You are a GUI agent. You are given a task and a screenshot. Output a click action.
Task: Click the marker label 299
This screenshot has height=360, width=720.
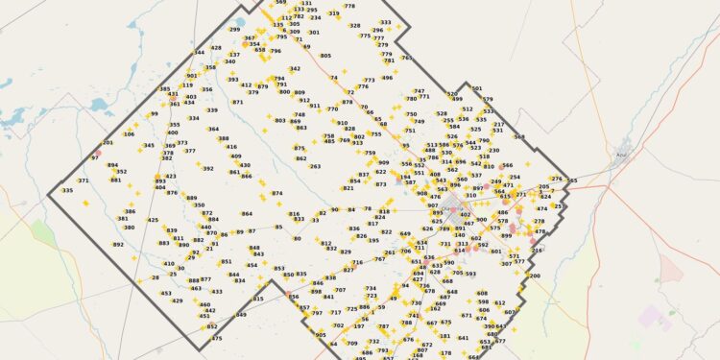(234, 30)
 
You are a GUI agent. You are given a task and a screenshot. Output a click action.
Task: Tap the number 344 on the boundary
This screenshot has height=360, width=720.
(199, 53)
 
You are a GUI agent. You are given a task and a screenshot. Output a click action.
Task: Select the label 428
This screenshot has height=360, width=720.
(216, 48)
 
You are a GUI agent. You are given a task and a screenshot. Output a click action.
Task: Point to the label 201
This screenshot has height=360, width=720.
(108, 142)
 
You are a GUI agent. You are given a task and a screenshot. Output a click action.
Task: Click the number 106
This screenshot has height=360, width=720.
(129, 134)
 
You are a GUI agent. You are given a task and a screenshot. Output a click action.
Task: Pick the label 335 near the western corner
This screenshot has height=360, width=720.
(67, 190)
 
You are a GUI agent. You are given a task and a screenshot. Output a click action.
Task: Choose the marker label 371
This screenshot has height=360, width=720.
(84, 180)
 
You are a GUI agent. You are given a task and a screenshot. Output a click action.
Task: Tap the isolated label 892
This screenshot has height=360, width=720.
(118, 245)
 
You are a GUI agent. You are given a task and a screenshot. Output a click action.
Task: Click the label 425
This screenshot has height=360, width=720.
(153, 220)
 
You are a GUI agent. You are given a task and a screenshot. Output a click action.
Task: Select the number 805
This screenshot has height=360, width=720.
(325, 56)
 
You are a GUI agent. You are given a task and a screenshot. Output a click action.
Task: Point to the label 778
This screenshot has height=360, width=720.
(349, 6)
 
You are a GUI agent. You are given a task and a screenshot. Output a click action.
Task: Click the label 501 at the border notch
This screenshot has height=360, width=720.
(477, 88)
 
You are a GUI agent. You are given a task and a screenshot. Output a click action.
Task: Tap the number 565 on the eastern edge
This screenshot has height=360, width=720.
(572, 180)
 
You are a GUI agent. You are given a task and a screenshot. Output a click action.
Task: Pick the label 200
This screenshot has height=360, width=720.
(535, 276)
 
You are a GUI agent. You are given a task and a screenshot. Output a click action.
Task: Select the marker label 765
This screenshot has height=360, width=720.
(406, 58)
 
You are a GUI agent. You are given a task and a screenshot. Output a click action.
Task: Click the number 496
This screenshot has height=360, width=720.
(387, 78)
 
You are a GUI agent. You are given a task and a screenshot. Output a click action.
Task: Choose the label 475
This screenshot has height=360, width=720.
(216, 338)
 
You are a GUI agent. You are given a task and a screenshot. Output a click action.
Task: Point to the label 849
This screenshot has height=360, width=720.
(242, 314)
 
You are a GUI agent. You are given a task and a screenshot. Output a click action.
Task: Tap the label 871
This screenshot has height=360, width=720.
(237, 102)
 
